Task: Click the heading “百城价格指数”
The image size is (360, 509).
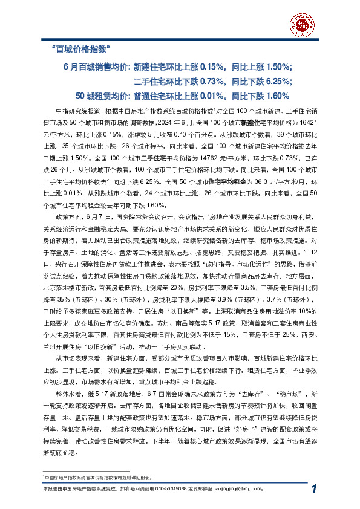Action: (x=81, y=48)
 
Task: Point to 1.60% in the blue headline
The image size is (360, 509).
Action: (x=279, y=96)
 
